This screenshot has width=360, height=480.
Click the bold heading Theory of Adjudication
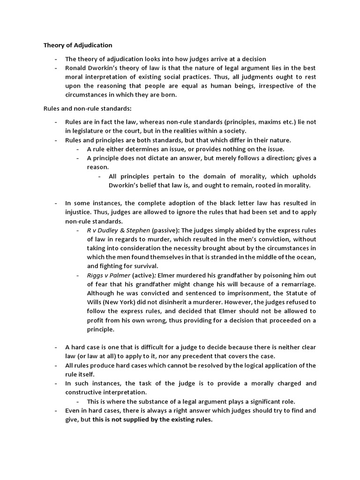coord(78,45)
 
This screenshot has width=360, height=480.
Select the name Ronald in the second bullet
coord(76,68)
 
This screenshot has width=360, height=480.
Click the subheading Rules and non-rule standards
coord(87,109)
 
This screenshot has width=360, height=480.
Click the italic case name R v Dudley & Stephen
coord(119,230)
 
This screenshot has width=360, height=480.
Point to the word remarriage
coord(298,284)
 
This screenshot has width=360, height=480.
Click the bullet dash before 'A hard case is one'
coord(56,347)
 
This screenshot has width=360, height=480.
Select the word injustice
coord(78,212)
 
